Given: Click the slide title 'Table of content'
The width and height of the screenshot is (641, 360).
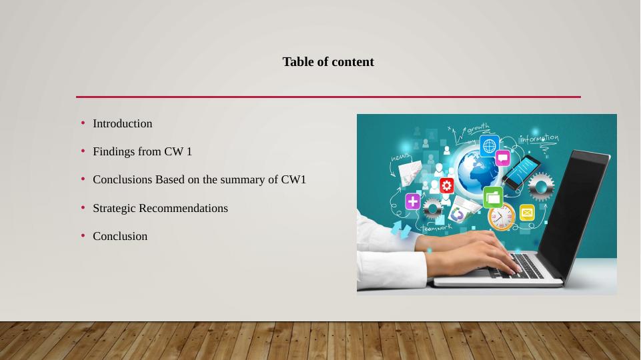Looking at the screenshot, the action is [328, 62].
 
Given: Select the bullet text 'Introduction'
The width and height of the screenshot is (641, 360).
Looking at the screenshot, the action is [122, 123].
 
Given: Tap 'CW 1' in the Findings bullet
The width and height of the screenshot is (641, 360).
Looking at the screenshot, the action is [178, 151].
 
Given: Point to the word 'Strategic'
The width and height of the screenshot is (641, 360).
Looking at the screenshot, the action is [114, 209].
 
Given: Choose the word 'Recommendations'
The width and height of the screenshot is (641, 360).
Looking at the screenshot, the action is [183, 208].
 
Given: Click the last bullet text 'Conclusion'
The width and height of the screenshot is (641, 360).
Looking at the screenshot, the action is [120, 236].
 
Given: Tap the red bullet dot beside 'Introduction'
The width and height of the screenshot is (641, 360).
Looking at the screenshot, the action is [83, 123].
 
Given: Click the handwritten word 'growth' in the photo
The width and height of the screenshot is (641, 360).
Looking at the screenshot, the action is [478, 128].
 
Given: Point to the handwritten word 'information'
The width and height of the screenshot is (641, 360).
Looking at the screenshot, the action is [539, 139].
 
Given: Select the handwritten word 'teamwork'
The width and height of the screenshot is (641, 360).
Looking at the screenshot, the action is [437, 228].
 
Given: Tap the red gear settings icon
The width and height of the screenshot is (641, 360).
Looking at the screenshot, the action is [446, 185].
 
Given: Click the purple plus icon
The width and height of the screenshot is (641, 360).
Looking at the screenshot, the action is [413, 201].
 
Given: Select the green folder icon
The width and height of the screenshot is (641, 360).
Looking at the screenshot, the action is [493, 197].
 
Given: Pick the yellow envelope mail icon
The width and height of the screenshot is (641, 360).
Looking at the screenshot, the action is [527, 213].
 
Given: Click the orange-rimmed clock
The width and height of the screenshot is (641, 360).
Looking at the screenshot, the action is [501, 217].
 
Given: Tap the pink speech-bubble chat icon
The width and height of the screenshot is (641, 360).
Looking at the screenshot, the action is [502, 158].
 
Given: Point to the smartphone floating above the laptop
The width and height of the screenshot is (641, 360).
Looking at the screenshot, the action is [521, 172].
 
